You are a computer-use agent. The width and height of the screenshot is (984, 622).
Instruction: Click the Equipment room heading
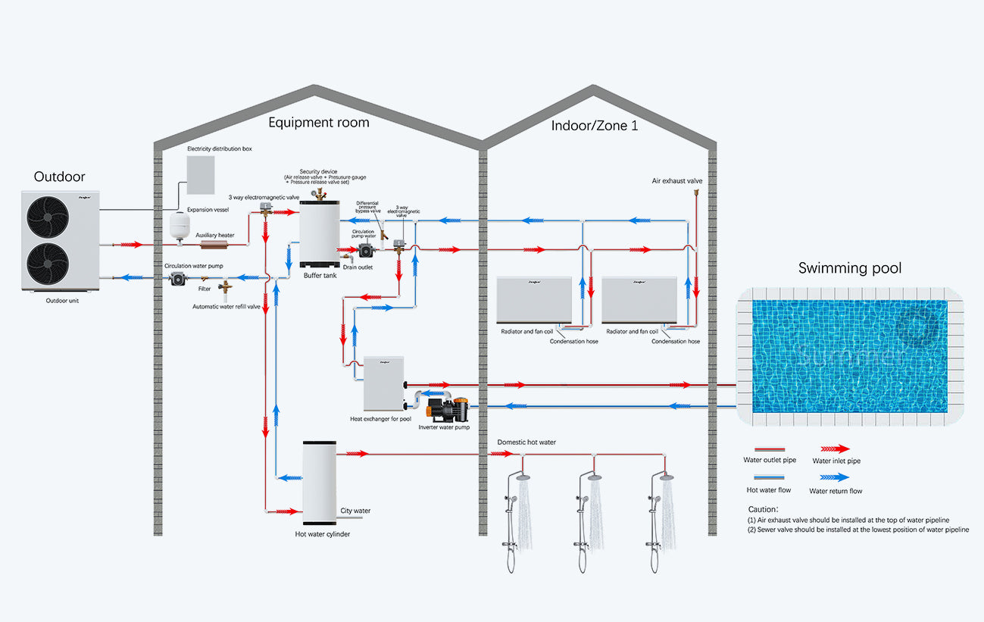(318, 122)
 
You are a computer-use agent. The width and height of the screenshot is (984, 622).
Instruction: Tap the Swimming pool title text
(850, 268)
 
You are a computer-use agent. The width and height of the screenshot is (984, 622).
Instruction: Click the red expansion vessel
(180, 223)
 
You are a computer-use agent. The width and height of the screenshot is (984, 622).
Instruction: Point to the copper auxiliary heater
(216, 245)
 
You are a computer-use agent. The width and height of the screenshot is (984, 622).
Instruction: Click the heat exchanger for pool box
(383, 383)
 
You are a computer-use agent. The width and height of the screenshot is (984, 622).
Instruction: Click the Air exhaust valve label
(677, 181)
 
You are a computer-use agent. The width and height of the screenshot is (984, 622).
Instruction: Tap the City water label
(355, 511)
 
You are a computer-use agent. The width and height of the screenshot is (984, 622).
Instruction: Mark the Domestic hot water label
(526, 442)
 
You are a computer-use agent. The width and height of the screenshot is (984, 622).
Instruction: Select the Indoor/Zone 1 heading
(594, 126)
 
